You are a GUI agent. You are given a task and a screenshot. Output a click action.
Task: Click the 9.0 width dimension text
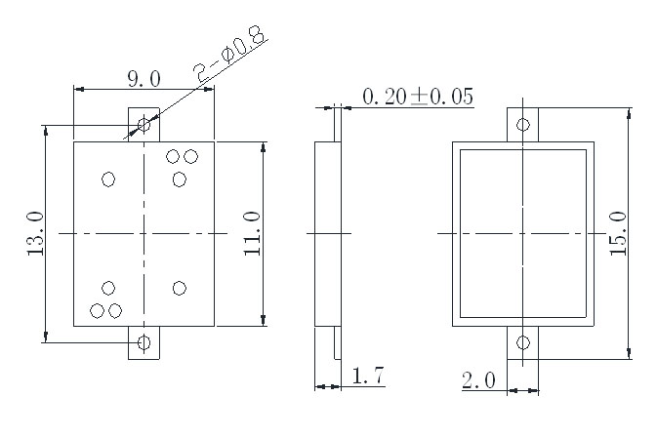pyautogui.click(x=144, y=76)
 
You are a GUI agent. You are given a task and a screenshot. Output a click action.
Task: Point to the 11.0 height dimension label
pyautogui.click(x=253, y=233)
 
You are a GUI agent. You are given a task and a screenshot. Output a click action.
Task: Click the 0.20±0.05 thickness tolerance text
pyautogui.click(x=417, y=97)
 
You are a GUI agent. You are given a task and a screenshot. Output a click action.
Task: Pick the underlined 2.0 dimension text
pyautogui.click(x=479, y=378)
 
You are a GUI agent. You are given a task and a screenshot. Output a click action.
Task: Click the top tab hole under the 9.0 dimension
pyautogui.click(x=144, y=124)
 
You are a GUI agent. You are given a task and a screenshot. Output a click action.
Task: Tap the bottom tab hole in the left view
pyautogui.click(x=144, y=342)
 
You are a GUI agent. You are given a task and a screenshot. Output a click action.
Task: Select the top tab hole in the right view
pyautogui.click(x=523, y=124)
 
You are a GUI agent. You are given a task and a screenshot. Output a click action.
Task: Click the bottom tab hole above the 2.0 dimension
pyautogui.click(x=523, y=342)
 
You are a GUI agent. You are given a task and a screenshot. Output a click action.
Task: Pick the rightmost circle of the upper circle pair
pyautogui.click(x=190, y=156)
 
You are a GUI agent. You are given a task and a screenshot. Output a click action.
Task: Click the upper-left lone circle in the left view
pyautogui.click(x=108, y=179)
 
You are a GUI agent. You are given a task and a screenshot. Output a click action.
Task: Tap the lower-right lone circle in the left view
pyautogui.click(x=180, y=288)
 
